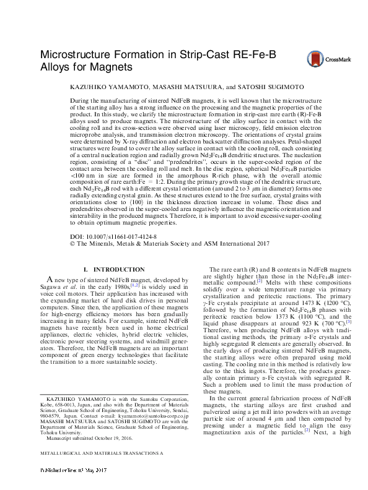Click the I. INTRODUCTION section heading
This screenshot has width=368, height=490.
[x=114, y=270]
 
